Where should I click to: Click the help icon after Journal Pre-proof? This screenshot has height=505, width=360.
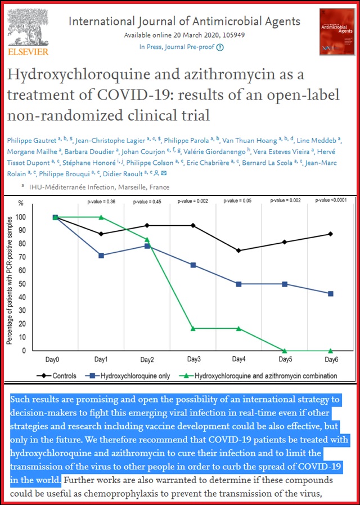point(220,47)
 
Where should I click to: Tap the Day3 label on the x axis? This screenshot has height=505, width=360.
point(193,359)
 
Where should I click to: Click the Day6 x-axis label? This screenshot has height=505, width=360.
point(330,359)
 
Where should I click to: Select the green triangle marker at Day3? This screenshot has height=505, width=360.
point(193,328)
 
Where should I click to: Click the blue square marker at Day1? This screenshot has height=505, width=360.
point(101,256)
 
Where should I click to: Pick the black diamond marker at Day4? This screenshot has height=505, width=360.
point(238,251)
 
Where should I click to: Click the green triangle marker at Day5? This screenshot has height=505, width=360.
point(285,351)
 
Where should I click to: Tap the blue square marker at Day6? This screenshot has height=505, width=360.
point(330,294)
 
